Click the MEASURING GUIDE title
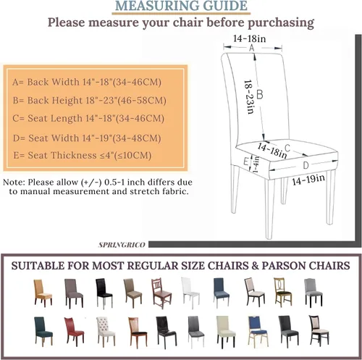pyautogui.click(x=181, y=6)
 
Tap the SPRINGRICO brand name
pyautogui.click(x=122, y=245)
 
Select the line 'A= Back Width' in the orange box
pyautogui.click(x=87, y=82)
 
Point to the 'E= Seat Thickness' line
pyautogui.click(x=83, y=155)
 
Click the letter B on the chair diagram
pyautogui.click(x=259, y=94)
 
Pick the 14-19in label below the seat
pyautogui.click(x=308, y=180)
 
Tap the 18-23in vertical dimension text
pyautogui.click(x=249, y=96)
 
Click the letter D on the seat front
pyautogui.click(x=306, y=165)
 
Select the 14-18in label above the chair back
pyautogui.click(x=249, y=38)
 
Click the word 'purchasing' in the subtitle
pyautogui.click(x=281, y=23)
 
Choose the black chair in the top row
pyautogui.click(x=104, y=293)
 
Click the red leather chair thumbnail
pyautogui.click(x=74, y=332)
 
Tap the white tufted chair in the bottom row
pyautogui.click(x=105, y=332)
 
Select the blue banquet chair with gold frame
pyautogui.click(x=258, y=332)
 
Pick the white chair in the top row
pyautogui.click(x=190, y=293)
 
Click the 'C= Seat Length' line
pyautogui.click(x=88, y=118)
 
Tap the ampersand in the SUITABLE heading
pyautogui.click(x=255, y=266)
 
